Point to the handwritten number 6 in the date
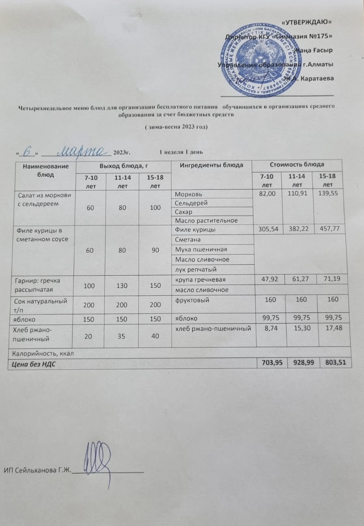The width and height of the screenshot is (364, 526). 28,151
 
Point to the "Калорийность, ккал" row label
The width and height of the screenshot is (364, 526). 42,353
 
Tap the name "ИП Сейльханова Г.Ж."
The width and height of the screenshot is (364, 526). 37,470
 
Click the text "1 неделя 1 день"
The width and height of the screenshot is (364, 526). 178,152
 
